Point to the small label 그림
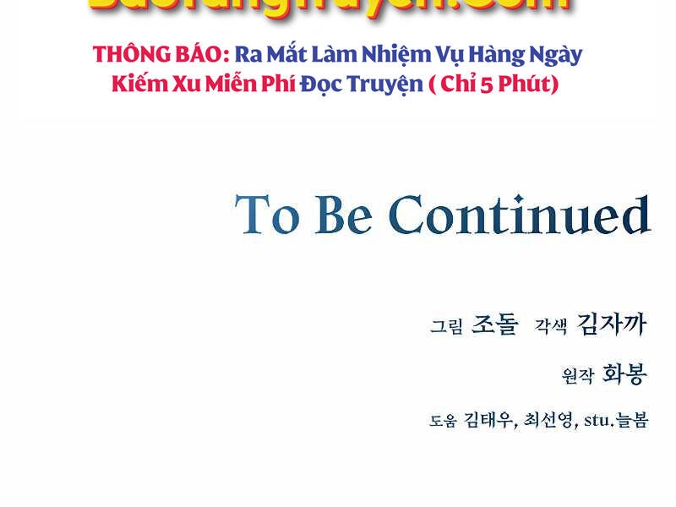(446, 326)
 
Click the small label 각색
(550, 326)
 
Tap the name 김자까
(611, 324)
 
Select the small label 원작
(578, 375)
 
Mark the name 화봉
(624, 373)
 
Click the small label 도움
(443, 421)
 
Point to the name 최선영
(549, 420)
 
